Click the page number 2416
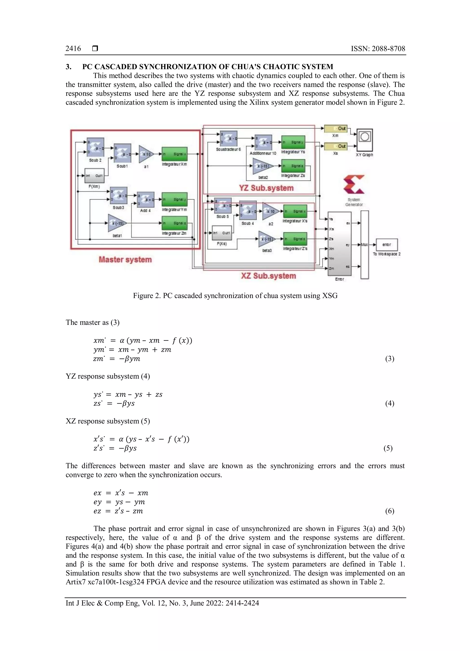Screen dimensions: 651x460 (x=73, y=49)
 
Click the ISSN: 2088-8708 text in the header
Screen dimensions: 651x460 (x=378, y=49)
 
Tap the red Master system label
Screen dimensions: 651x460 (x=125, y=259)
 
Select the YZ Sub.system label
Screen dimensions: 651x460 (x=266, y=188)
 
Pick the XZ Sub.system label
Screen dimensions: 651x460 (x=268, y=276)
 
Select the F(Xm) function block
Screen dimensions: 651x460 (x=95, y=176)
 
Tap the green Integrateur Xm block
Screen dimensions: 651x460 (x=175, y=154)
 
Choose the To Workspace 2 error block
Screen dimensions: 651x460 (x=387, y=245)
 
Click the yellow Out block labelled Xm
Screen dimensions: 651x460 (x=336, y=128)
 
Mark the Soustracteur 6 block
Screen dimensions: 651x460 (x=228, y=138)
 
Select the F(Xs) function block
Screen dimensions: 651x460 (x=222, y=233)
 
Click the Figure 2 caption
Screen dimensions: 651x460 (x=235, y=296)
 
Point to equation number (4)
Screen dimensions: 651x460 (x=389, y=403)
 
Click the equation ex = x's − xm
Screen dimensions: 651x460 (x=121, y=493)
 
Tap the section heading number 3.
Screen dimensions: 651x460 (x=68, y=67)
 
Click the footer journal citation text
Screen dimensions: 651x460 (x=162, y=603)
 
